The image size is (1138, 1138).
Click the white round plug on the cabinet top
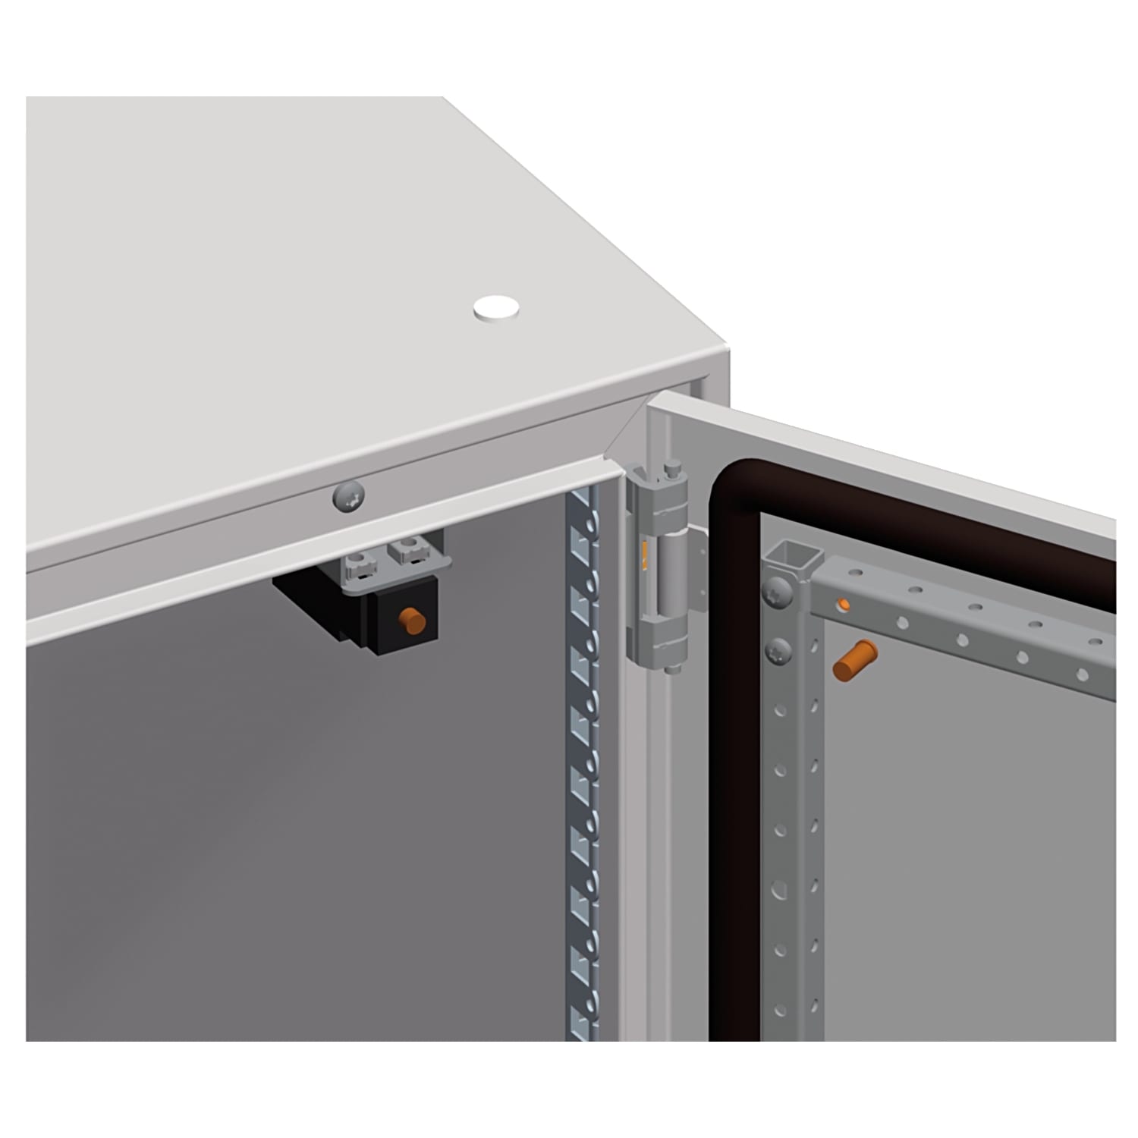497,307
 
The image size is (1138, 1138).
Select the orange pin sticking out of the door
854,659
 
